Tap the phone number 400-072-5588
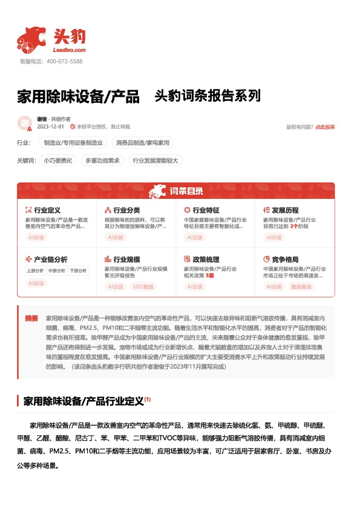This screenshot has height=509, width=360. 64,62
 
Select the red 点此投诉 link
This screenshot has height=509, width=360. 325,127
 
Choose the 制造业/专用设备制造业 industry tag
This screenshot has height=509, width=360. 73,143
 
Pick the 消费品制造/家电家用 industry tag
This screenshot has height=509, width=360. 143,143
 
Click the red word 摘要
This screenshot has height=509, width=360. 31,318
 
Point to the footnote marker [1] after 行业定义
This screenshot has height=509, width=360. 148,382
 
